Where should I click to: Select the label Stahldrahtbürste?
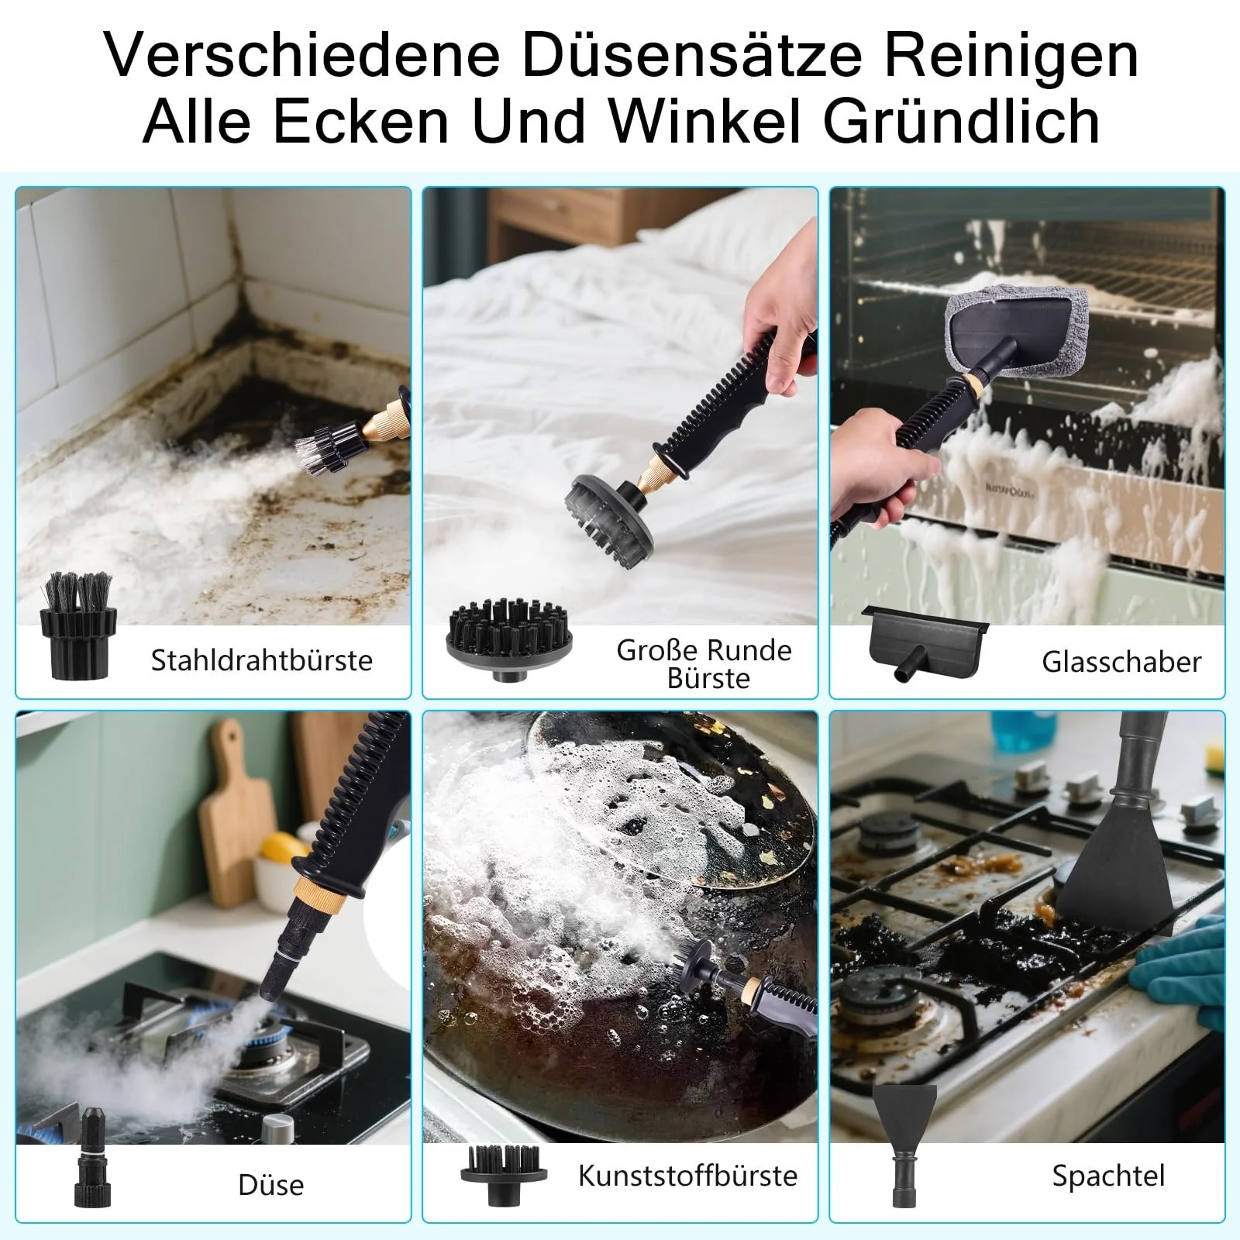(262, 660)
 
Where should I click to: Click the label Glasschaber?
(1121, 662)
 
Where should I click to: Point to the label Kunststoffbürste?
(687, 1176)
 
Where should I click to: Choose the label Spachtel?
(1108, 1176)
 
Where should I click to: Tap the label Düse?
(271, 1185)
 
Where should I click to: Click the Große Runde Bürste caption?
(704, 664)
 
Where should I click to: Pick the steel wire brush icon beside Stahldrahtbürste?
(77, 626)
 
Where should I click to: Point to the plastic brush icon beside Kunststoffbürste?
(504, 1176)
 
